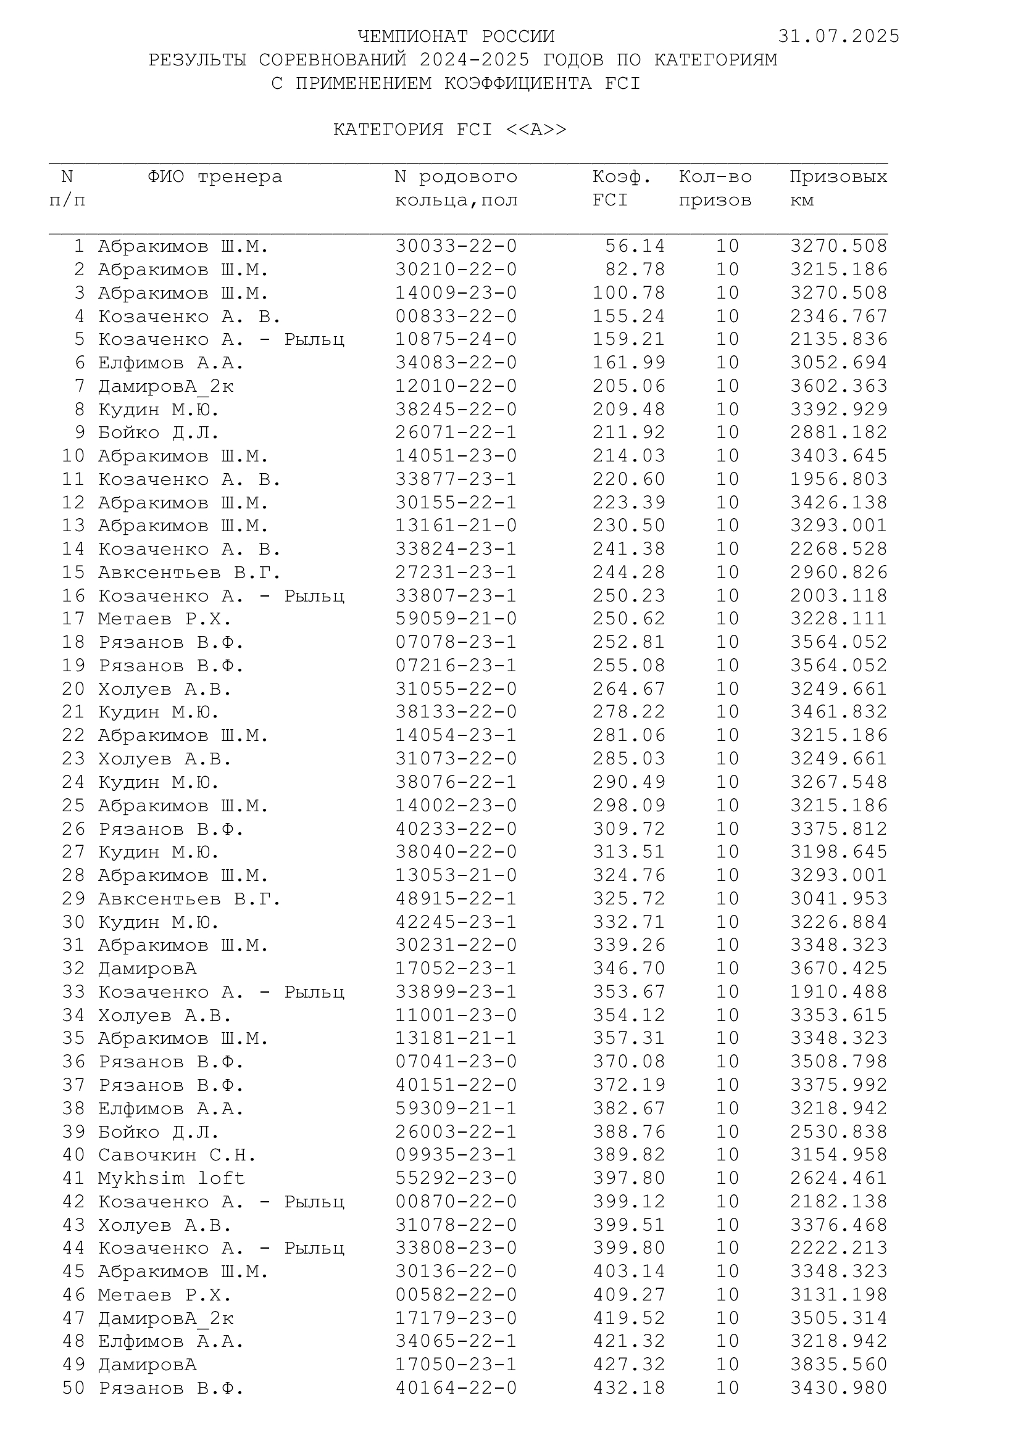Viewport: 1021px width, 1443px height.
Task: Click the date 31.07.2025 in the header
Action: click(839, 36)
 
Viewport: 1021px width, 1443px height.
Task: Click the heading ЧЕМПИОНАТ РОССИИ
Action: click(456, 36)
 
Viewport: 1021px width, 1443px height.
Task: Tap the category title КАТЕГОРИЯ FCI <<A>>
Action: click(449, 130)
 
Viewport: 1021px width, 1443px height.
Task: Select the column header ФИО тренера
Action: click(215, 177)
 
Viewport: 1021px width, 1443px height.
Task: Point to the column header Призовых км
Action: click(838, 189)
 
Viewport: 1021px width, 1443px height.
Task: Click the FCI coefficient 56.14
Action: click(635, 246)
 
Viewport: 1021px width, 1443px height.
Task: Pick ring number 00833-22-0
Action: click(456, 316)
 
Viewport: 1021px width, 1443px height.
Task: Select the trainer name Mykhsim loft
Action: click(171, 1178)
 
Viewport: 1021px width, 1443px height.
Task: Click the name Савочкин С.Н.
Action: click(177, 1154)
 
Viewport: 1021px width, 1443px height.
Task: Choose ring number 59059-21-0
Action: click(456, 619)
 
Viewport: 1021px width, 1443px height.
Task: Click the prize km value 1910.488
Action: click(839, 992)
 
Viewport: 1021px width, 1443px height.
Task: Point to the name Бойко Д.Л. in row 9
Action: click(159, 433)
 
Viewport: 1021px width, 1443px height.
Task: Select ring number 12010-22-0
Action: click(456, 386)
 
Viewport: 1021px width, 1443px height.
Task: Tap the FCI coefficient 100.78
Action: click(628, 293)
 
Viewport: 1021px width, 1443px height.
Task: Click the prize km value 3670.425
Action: click(839, 969)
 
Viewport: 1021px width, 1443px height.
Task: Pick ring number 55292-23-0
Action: click(456, 1178)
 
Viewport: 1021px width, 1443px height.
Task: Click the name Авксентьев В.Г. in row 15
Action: click(190, 573)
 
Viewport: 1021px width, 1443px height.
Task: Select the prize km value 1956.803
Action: click(839, 479)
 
